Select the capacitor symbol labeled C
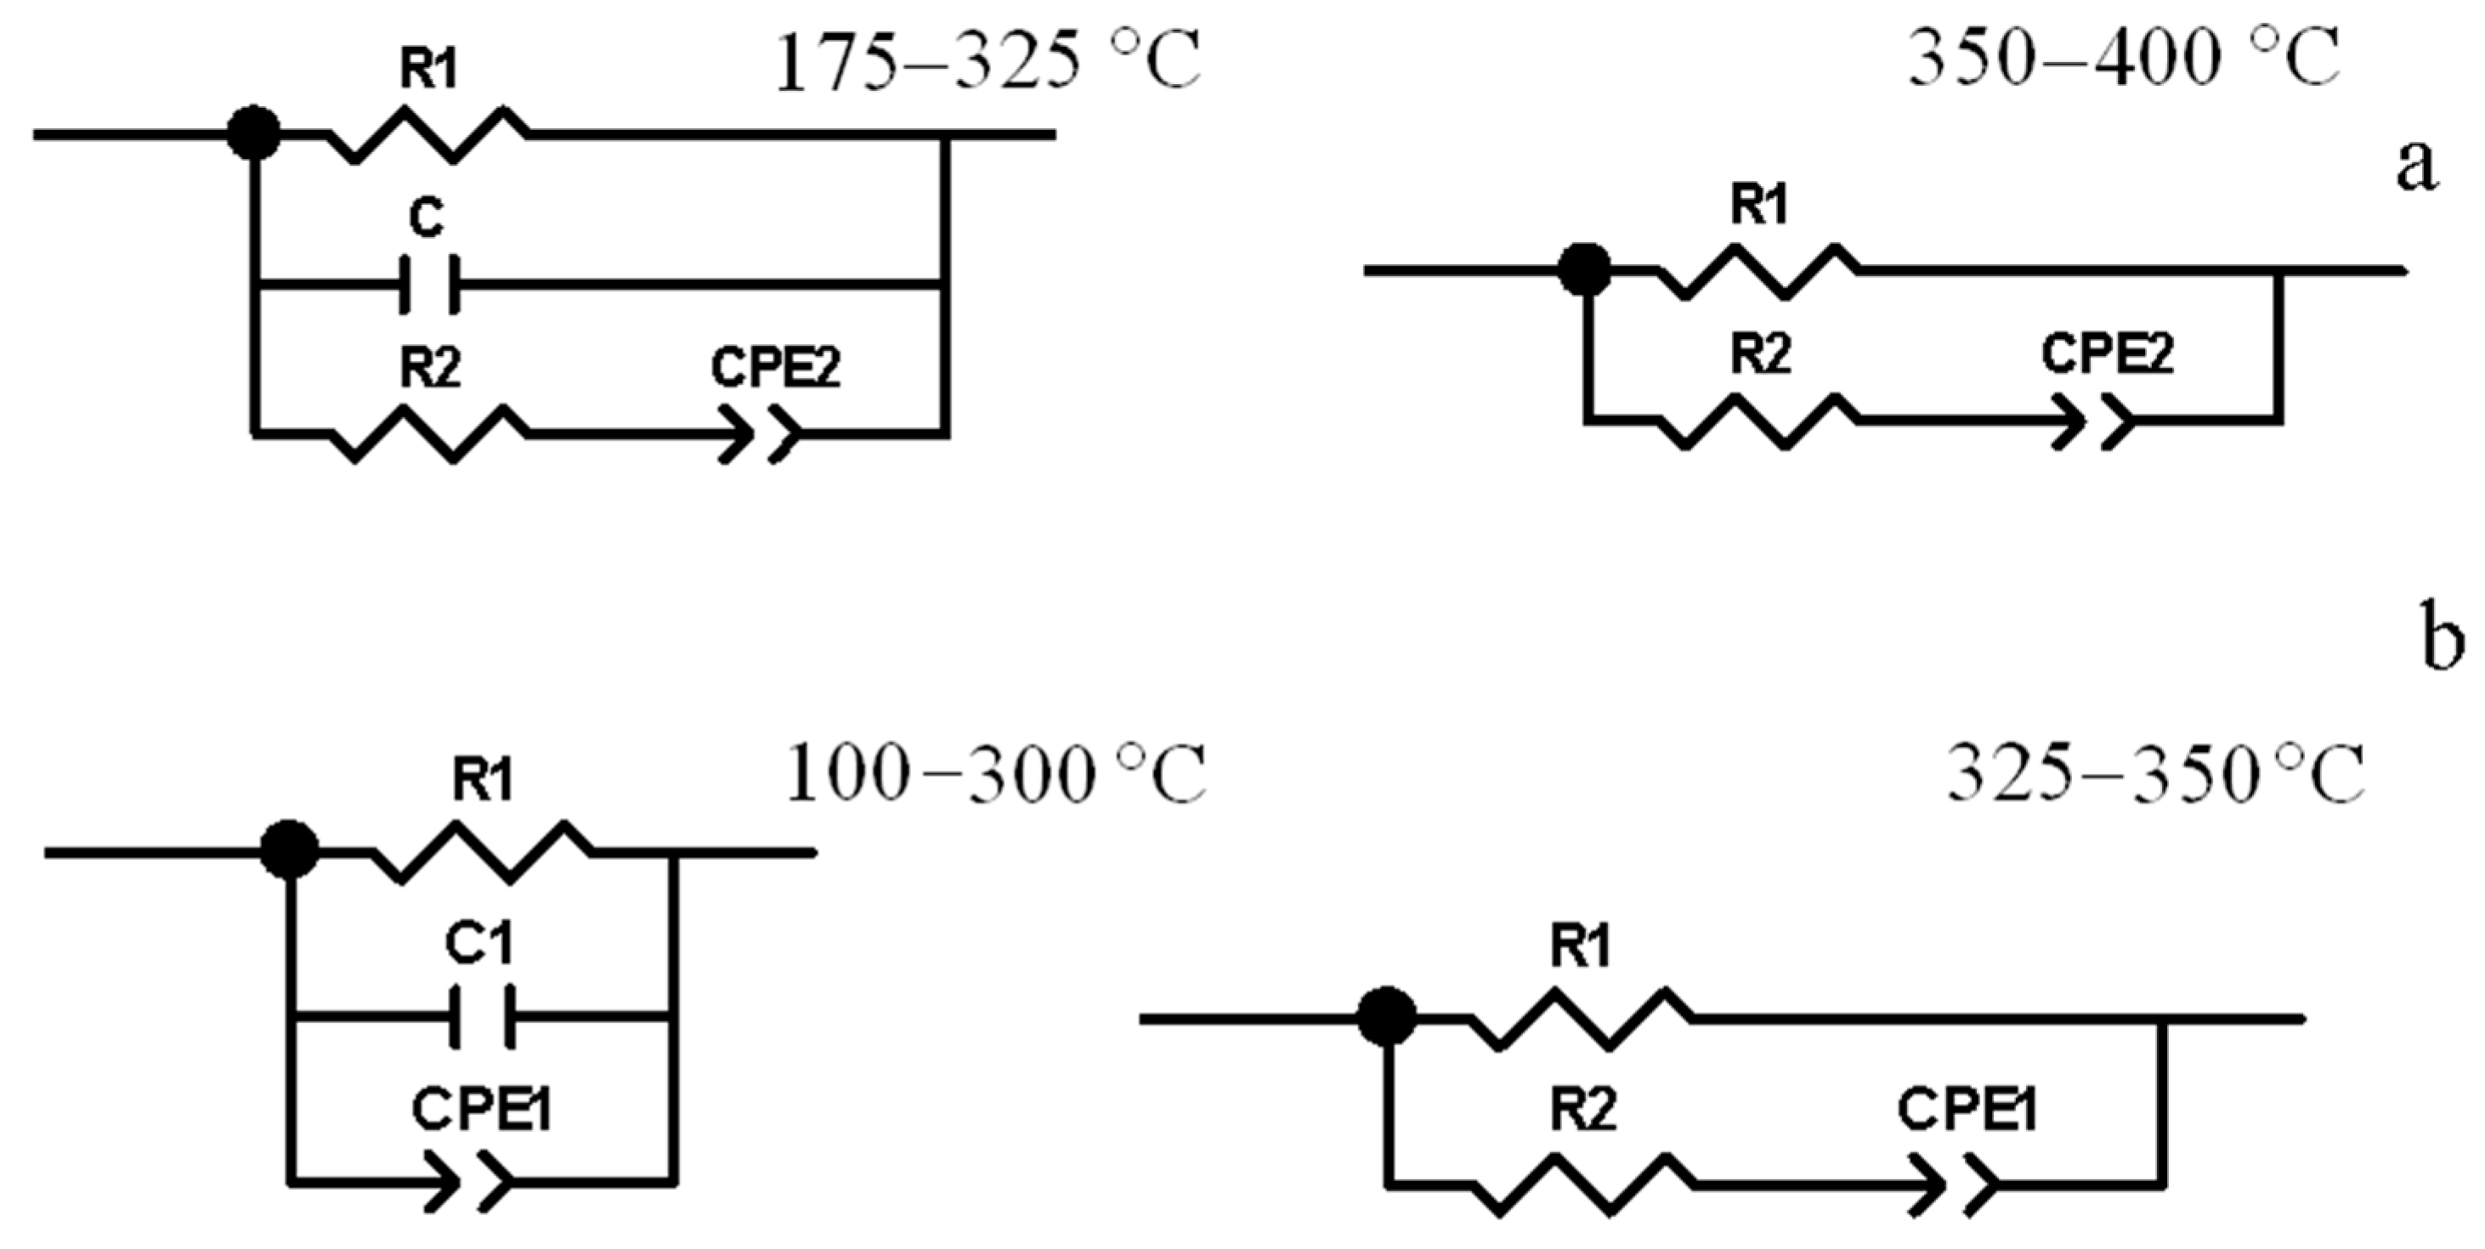click(x=430, y=285)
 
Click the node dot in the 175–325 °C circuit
click(x=254, y=133)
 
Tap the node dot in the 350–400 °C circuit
click(x=1585, y=269)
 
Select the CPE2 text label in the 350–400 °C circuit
click(x=2107, y=356)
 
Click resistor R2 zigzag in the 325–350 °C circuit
click(x=1582, y=1183)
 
